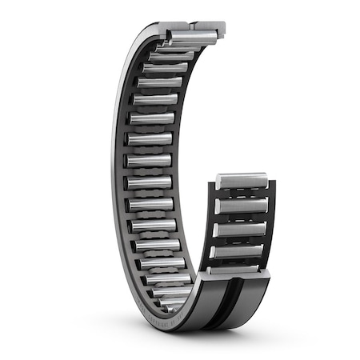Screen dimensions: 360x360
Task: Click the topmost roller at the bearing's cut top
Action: pos(192,37)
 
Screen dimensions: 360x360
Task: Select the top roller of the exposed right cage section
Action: pos(243,183)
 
